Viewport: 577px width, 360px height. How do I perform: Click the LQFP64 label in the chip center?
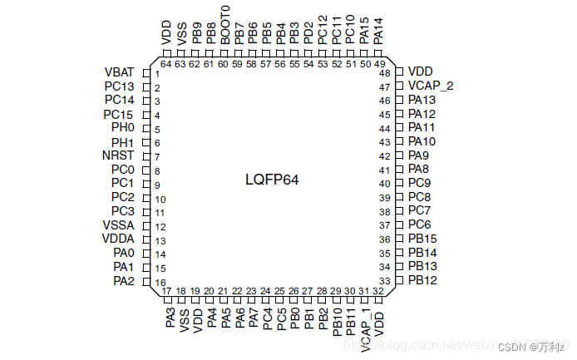tap(272, 180)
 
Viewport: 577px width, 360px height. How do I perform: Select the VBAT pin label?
tap(120, 72)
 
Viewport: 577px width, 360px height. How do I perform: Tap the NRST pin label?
tap(118, 155)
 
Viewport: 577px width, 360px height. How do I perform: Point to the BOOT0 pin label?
tap(224, 24)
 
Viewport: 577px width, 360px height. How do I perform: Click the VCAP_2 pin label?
tap(430, 86)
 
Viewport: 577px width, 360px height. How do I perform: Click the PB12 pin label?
tap(422, 280)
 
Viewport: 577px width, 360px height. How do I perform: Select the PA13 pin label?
tap(422, 100)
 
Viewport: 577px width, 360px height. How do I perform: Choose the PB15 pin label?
tap(422, 239)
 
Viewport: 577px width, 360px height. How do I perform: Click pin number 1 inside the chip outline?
tap(157, 74)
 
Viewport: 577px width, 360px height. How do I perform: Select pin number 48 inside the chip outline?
tap(385, 74)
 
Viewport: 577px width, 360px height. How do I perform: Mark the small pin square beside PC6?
tap(399, 224)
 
